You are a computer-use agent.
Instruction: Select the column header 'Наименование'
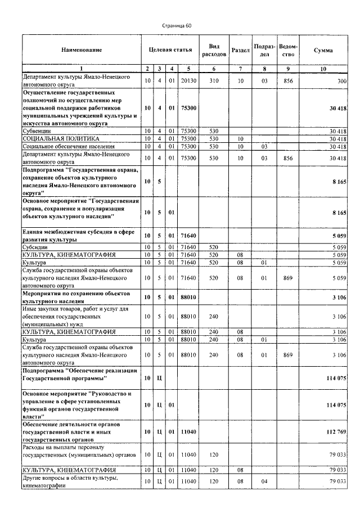pos(82,50)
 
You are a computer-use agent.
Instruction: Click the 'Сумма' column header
pos(323,50)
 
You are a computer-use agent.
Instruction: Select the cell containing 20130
pos(188,81)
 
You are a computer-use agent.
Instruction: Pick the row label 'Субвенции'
pos(37,130)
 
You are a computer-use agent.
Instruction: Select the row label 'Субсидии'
pos(35,246)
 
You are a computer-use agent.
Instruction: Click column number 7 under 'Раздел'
pos(240,69)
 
